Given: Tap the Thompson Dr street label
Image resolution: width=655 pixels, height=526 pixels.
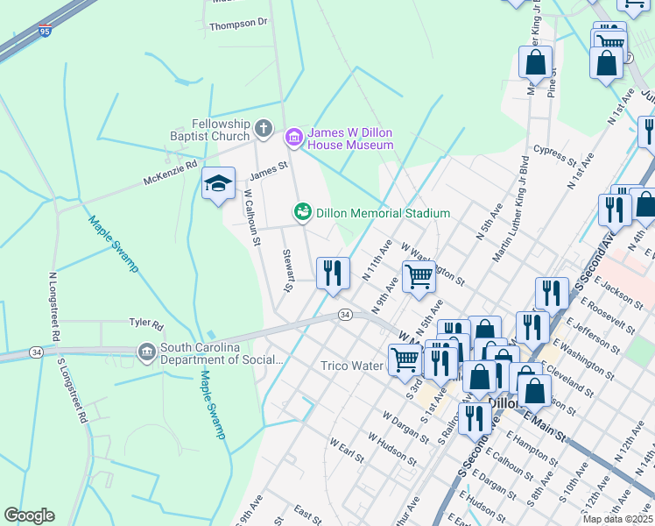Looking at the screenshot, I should tap(237, 23).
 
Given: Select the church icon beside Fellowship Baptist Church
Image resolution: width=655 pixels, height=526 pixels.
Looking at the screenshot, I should tap(264, 131).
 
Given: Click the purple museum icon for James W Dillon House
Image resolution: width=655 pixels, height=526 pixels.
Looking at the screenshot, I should tap(293, 136).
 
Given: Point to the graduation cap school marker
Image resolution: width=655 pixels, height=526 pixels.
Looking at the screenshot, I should tap(218, 183).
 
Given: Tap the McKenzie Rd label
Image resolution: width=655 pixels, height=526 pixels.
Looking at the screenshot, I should tap(172, 173).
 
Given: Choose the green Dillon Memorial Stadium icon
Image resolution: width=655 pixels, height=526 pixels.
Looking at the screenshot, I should tap(302, 212).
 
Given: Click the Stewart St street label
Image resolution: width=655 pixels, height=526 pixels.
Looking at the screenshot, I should tap(286, 270).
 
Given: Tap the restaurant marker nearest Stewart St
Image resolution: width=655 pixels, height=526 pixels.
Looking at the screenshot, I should tap(333, 273).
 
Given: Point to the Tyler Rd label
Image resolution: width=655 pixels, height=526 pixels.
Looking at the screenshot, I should tap(146, 324).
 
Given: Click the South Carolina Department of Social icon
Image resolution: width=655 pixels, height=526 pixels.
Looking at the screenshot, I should tap(146, 352).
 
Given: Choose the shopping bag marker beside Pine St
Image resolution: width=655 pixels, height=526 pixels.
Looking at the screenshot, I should tap(535, 63).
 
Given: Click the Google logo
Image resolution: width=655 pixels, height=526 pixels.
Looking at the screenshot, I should tap(29, 515).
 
